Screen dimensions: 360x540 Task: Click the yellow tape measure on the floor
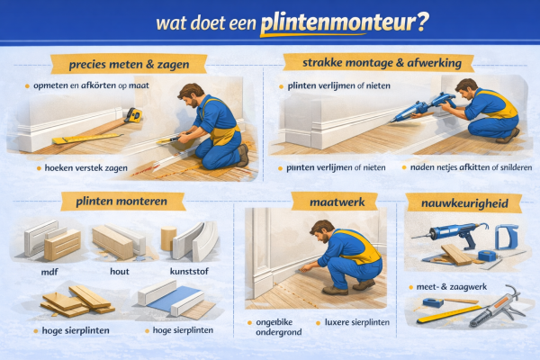pyautogui.click(x=134, y=114)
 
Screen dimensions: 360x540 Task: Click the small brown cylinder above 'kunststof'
pyautogui.click(x=166, y=238)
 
